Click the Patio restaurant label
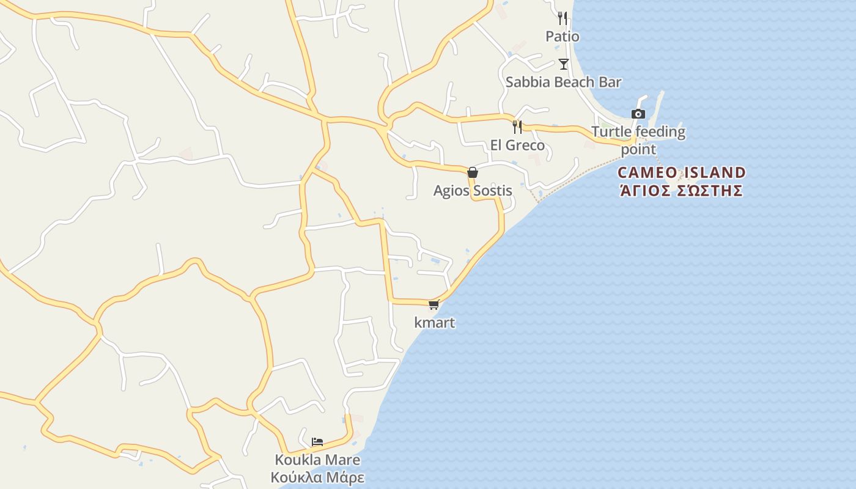coord(562,37)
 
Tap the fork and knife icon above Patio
coord(563,18)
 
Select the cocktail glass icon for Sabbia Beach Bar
coord(563,64)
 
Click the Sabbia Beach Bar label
coord(563,82)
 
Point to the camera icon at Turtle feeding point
coord(638,114)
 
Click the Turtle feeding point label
coord(638,140)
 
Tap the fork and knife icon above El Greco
coord(517,127)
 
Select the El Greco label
coord(517,145)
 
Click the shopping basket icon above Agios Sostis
coord(472,172)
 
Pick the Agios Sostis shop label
coord(473,191)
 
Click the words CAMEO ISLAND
coord(682,172)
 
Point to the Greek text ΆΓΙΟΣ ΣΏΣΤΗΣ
coord(682,191)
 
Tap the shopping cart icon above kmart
coord(434,304)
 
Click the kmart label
coord(435,323)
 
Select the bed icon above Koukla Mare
coord(317,441)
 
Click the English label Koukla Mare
coord(317,460)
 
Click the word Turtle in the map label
coord(611,132)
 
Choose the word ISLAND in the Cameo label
coord(714,172)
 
